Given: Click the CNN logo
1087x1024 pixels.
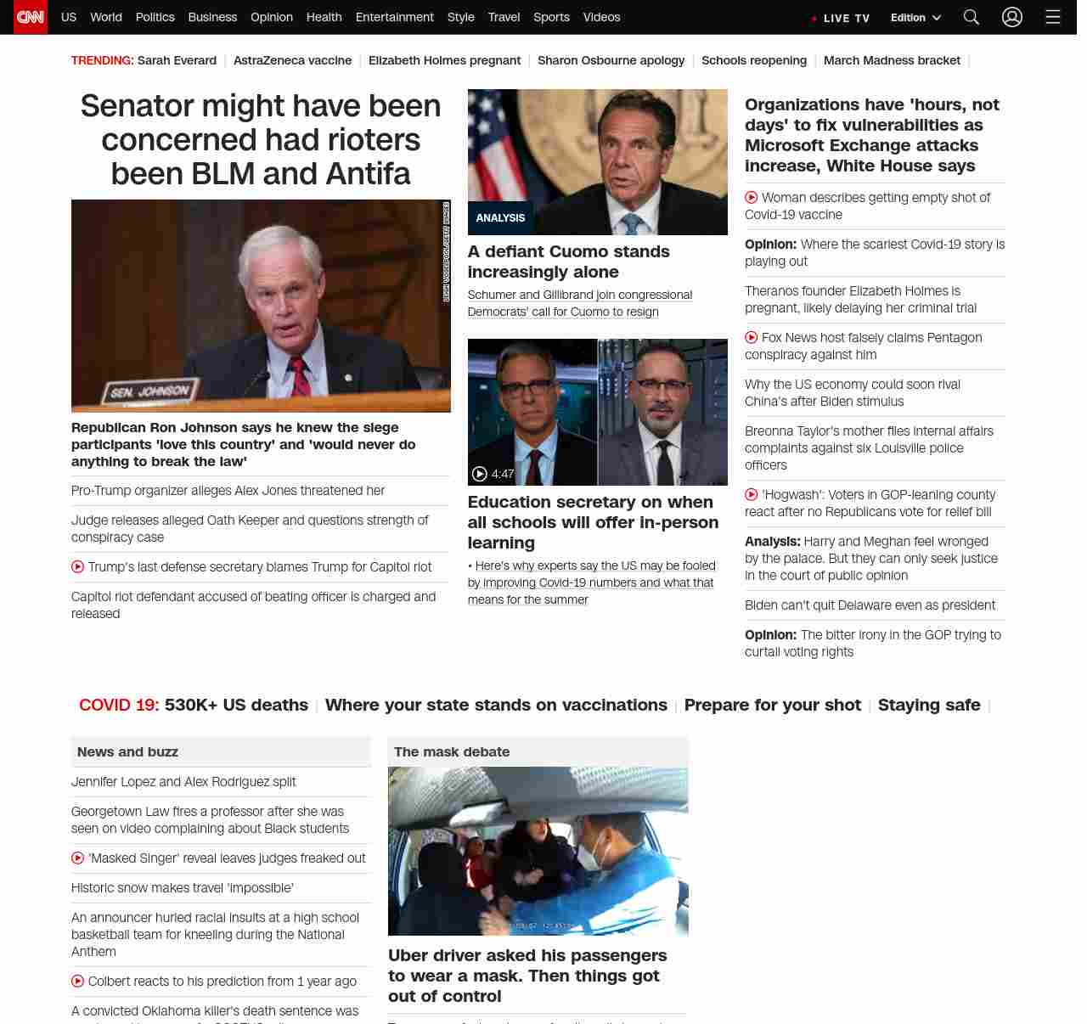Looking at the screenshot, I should [31, 17].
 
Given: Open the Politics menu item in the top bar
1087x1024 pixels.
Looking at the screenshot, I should [155, 17].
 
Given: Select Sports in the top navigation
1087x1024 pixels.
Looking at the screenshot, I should [551, 17].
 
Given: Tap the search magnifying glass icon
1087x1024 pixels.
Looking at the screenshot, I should [972, 17].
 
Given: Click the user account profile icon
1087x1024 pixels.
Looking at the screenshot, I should [1011, 17].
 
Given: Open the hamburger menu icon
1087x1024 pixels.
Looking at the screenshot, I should [1053, 17].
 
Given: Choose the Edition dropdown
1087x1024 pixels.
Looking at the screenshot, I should [915, 18].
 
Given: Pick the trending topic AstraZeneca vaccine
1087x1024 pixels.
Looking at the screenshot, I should [292, 60].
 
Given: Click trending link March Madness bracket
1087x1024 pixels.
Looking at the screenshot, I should [892, 60].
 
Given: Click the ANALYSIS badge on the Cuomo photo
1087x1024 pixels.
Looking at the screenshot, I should [500, 218].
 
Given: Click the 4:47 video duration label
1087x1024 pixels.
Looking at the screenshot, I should [503, 474].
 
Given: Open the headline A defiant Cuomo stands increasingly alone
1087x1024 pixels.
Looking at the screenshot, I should [568, 262].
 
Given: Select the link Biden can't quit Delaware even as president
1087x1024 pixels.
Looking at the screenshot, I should [870, 605].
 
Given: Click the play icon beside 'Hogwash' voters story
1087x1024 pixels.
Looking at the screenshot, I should [752, 494].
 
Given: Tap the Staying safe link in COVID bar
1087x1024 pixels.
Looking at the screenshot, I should [928, 705].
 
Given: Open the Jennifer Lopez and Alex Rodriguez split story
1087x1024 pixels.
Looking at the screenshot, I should [183, 782].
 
